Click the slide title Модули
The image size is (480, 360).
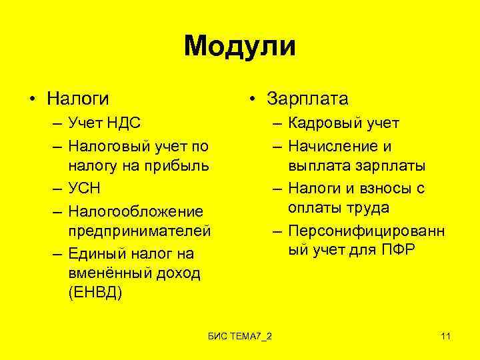click(x=239, y=46)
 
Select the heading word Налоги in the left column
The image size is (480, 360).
click(x=79, y=99)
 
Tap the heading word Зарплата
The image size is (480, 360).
click(x=307, y=99)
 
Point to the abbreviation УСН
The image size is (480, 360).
click(x=85, y=189)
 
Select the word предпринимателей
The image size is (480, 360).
click(x=139, y=231)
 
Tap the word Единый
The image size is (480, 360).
click(x=98, y=253)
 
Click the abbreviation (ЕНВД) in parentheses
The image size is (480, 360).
click(x=95, y=295)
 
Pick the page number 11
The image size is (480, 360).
click(x=446, y=335)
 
